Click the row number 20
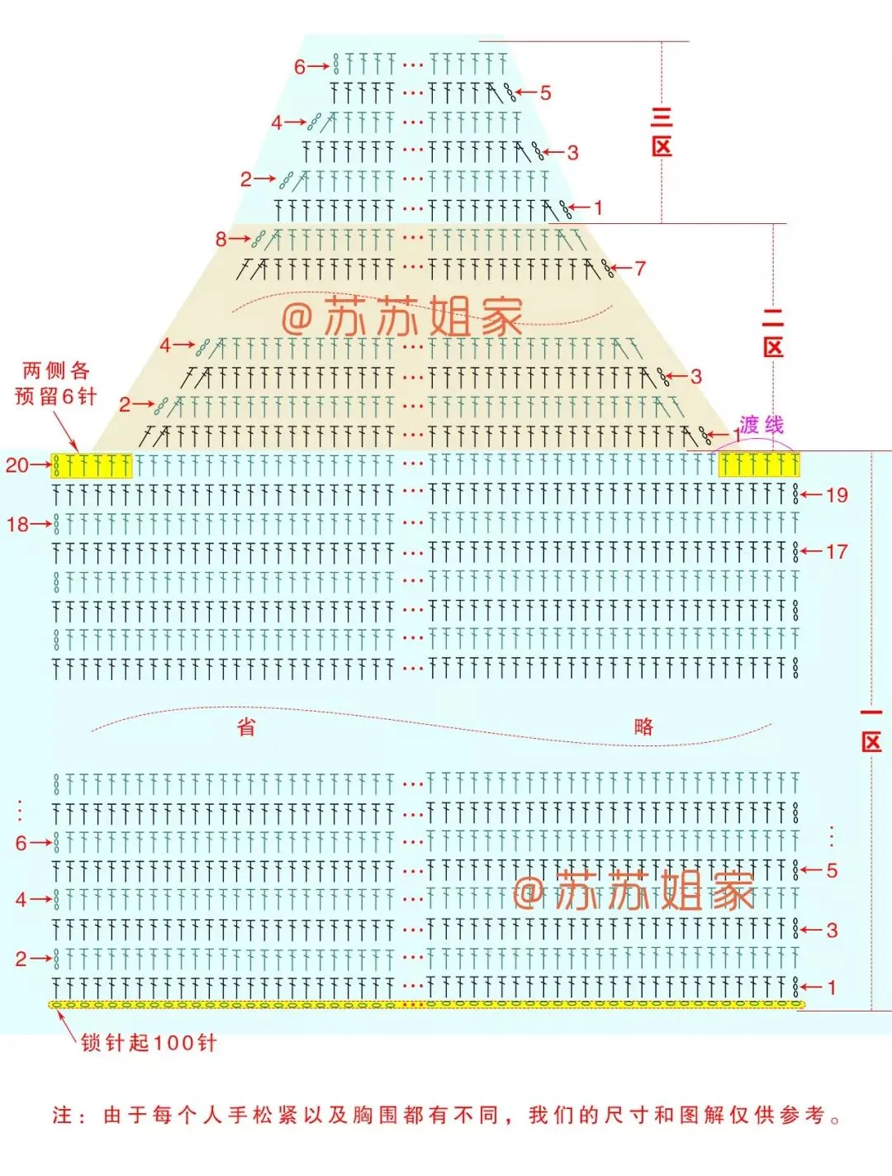[x=17, y=465]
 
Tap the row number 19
[x=837, y=495]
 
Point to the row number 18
[x=17, y=524]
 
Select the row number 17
[x=837, y=551]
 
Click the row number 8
[x=221, y=239]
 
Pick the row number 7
[x=640, y=268]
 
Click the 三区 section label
[x=662, y=132]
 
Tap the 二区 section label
[x=773, y=332]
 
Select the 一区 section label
[x=871, y=730]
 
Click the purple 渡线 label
[x=762, y=425]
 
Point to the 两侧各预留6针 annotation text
[x=56, y=383]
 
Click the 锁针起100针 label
[x=149, y=1043]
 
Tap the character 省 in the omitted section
[x=246, y=727]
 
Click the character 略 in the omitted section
[x=644, y=726]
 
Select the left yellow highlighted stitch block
[x=92, y=465]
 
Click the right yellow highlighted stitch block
[x=759, y=465]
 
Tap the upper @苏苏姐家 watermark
[x=402, y=317]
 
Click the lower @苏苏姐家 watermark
[x=633, y=891]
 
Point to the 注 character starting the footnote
[x=63, y=1116]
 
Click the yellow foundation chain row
[x=425, y=1005]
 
